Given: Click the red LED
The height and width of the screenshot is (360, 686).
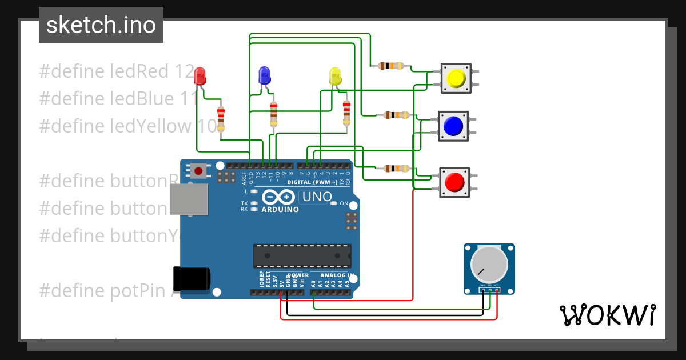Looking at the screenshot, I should tap(200, 75).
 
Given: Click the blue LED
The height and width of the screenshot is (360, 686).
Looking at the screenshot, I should tap(264, 75).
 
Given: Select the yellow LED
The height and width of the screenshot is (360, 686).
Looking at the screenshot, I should tap(336, 76).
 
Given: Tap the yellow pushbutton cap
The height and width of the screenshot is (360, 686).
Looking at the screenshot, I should tap(456, 78).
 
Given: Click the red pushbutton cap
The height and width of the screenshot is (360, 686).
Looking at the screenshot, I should tap(454, 182).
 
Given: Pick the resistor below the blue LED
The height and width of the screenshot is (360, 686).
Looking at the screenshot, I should tap(273, 114).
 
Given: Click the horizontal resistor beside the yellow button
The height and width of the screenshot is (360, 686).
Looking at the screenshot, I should tap(391, 66).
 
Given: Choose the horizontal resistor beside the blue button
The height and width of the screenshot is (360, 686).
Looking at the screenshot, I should tap(396, 115).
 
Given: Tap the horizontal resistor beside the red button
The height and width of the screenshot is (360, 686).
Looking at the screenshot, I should tap(396, 168).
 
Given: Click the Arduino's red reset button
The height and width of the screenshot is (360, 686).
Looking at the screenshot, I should tap(199, 170).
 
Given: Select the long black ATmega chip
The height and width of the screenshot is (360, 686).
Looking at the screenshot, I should tap(302, 255).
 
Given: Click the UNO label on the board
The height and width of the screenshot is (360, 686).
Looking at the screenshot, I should tap(316, 197).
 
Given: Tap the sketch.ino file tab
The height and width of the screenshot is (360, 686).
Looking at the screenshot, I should tap(101, 25).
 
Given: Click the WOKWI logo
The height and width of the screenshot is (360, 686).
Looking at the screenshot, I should tap(607, 315).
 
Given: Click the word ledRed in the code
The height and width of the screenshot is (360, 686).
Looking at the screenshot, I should tap(141, 71).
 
